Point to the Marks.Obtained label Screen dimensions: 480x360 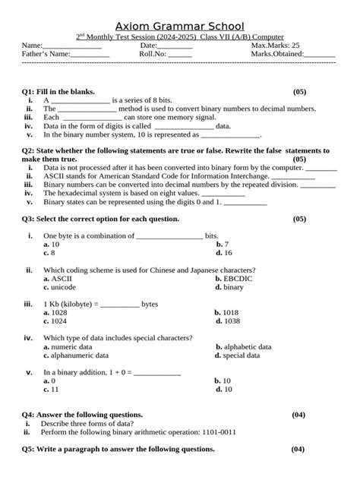276,55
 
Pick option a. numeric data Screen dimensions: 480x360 68,346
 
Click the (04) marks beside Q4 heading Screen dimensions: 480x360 298,414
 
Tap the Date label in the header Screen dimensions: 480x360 149,46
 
